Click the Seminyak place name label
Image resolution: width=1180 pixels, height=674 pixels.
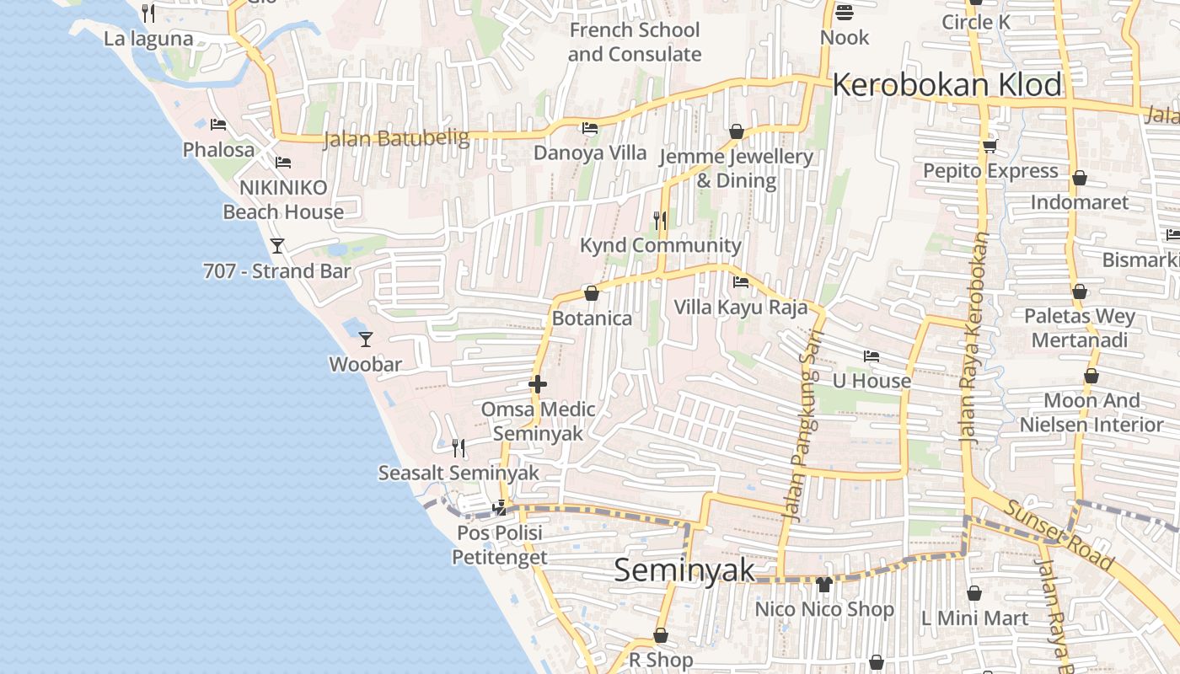(684, 570)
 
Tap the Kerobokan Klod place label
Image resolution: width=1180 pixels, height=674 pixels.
(947, 85)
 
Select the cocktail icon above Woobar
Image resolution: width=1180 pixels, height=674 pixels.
(366, 340)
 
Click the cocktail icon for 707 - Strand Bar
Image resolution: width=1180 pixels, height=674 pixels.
(276, 246)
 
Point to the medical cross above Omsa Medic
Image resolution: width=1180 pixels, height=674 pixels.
(538, 385)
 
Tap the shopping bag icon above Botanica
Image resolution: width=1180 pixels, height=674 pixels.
(592, 293)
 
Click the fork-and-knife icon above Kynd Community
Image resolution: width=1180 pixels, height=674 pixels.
(660, 221)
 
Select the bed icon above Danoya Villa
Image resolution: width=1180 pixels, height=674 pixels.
(590, 128)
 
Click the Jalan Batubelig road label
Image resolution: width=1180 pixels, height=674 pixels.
(396, 139)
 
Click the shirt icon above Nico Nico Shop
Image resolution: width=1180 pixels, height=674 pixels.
(823, 584)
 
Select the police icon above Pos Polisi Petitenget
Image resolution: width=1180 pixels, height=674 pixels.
(501, 507)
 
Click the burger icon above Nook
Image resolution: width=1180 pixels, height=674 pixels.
(844, 13)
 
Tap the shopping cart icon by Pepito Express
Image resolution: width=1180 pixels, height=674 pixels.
(990, 147)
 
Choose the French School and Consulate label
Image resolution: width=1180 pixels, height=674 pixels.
(634, 42)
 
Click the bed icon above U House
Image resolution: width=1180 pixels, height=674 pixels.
(872, 356)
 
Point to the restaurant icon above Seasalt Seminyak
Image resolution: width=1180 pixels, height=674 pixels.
(459, 447)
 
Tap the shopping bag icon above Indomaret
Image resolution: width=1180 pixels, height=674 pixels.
(1079, 178)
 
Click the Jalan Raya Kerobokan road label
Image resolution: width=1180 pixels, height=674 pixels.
(975, 337)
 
